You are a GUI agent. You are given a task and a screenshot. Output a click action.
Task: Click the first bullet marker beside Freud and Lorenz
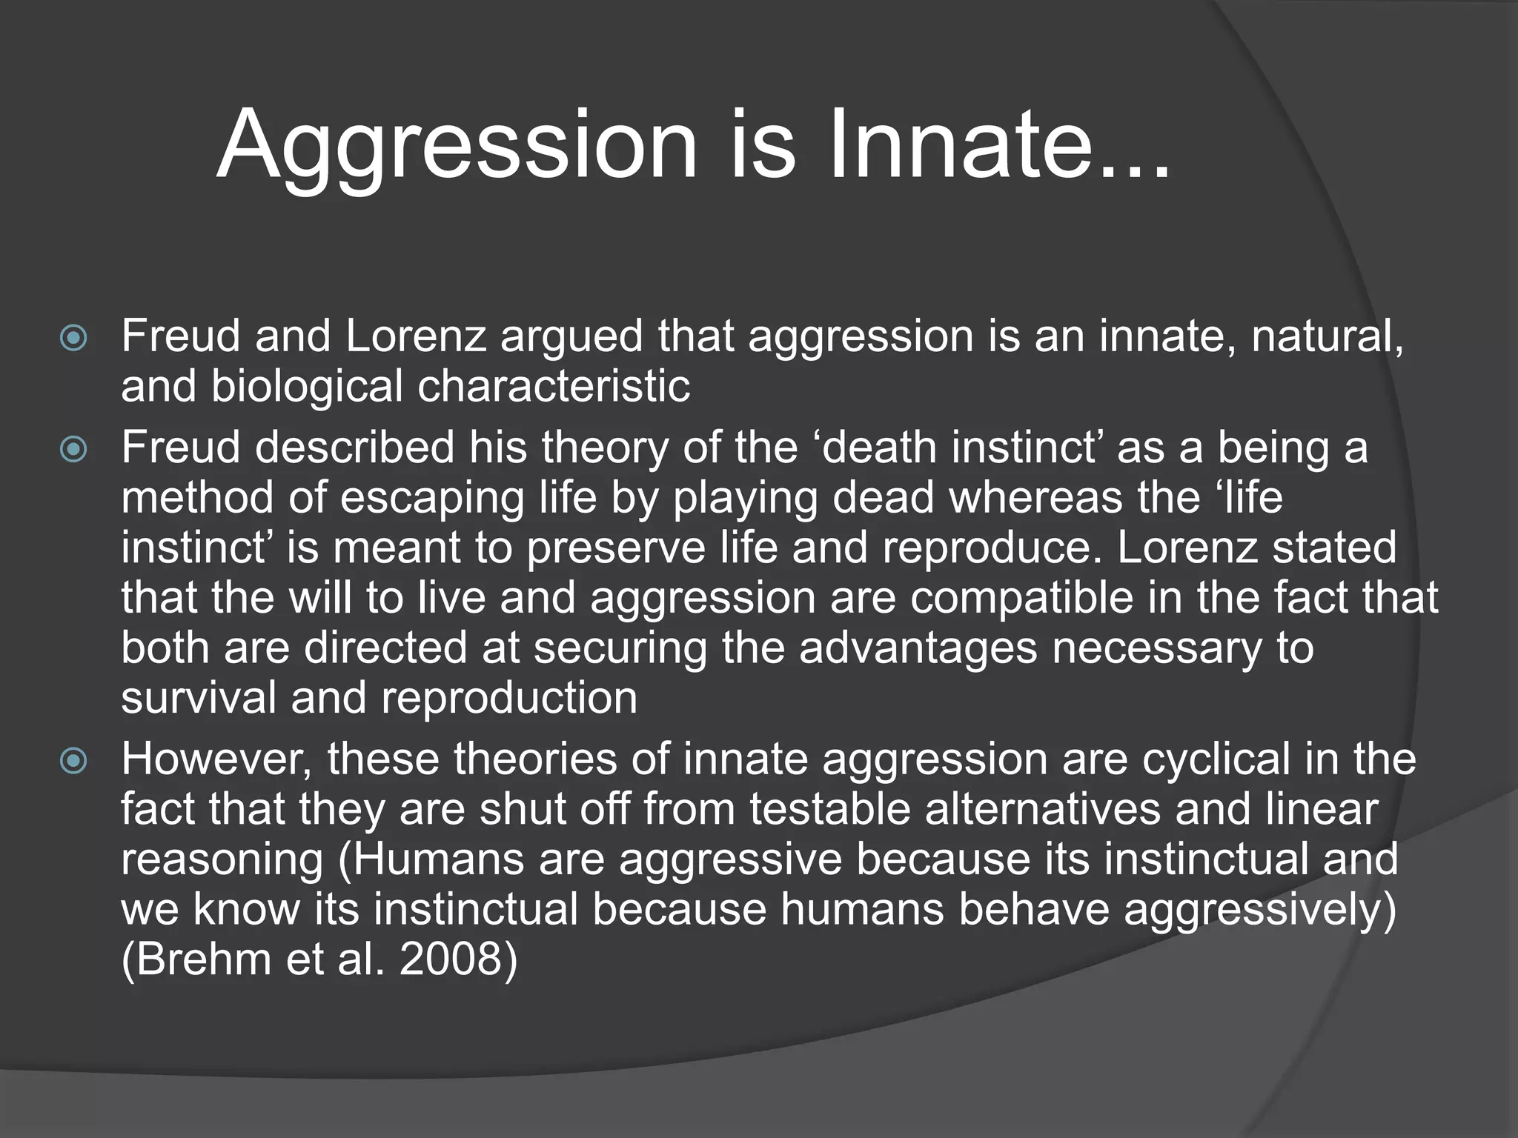pyautogui.click(x=73, y=339)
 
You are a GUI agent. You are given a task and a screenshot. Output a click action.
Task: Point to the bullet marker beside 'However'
pyautogui.click(x=73, y=761)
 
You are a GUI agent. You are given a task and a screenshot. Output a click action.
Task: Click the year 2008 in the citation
pyautogui.click(x=457, y=959)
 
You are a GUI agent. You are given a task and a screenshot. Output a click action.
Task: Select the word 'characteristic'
pyautogui.click(x=554, y=387)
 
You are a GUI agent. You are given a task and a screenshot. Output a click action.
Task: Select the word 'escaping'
pyautogui.click(x=432, y=498)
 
